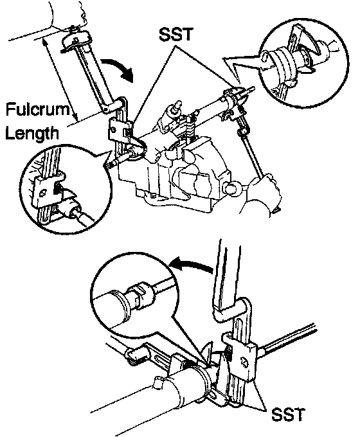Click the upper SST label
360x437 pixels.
(x=175, y=34)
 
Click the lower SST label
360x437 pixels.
(x=288, y=414)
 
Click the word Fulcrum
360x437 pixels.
(x=37, y=109)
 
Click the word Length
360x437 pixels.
(x=32, y=133)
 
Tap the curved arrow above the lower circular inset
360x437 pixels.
(x=192, y=264)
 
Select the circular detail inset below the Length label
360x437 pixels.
(x=66, y=190)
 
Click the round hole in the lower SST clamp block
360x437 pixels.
(x=243, y=361)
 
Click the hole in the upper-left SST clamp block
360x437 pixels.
(x=113, y=130)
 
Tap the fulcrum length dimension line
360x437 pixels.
(x=60, y=80)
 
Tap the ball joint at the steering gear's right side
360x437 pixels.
(x=232, y=188)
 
